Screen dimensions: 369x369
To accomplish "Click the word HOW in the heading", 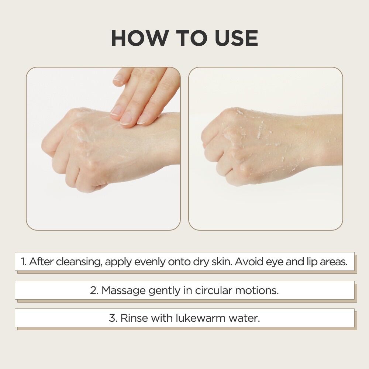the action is pos(139,38).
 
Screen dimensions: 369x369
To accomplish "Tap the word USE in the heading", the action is pos(236,38).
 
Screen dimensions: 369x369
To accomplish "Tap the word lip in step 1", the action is pos(311,262).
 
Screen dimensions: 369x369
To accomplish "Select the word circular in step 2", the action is pos(214,290).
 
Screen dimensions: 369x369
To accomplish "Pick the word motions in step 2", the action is pos(257,290).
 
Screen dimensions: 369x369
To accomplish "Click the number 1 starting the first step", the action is pos(23,262).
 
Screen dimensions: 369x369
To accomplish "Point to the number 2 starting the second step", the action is pos(94,290).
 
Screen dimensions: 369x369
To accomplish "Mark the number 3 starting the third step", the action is pos(113,318).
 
